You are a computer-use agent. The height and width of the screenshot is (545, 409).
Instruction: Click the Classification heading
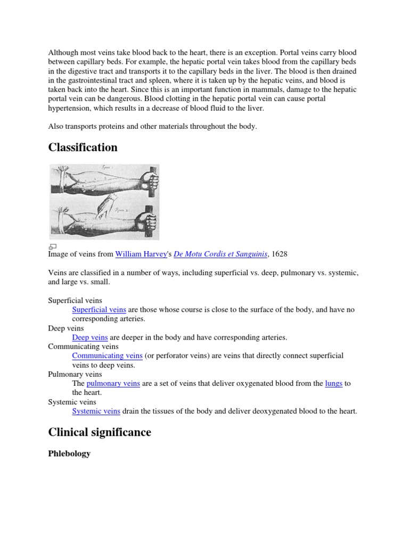83,147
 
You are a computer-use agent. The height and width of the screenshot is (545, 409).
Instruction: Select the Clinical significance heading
100,432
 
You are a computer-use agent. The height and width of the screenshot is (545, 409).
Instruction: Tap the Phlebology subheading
69,453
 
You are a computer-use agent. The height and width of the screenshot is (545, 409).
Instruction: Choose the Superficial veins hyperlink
99,310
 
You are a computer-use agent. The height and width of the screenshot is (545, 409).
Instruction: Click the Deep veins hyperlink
90,337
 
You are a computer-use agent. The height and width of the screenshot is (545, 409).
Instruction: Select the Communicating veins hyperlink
107,356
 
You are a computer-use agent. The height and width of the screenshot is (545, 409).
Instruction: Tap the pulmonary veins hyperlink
113,383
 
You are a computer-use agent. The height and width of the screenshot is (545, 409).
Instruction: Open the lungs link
333,383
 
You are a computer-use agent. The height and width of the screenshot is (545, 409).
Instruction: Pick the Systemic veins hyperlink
96,411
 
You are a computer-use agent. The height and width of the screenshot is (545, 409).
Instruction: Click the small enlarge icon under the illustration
52,246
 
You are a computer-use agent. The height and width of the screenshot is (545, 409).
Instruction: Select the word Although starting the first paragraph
63,53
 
